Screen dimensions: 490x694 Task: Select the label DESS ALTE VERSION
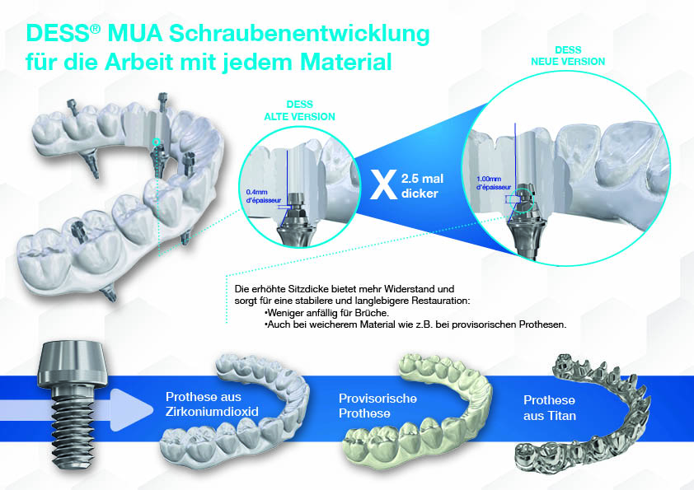pyautogui.click(x=299, y=111)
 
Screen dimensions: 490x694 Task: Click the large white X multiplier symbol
pyautogui.click(x=380, y=184)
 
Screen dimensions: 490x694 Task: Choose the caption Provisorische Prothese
pyautogui.click(x=377, y=405)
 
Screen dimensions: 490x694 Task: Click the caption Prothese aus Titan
pyautogui.click(x=550, y=408)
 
